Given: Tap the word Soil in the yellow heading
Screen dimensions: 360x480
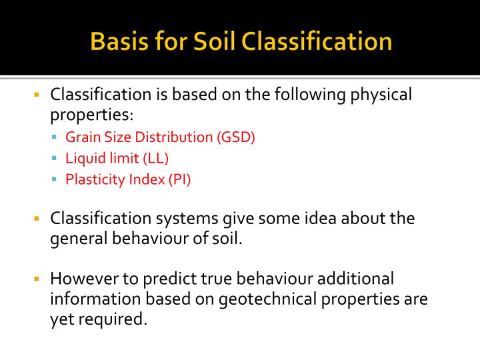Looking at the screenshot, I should [213, 41].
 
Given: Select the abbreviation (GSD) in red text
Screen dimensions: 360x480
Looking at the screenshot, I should [235, 137].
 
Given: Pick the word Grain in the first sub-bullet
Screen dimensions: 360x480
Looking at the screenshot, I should [81, 137].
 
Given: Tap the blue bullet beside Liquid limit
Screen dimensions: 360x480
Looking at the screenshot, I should [55, 159].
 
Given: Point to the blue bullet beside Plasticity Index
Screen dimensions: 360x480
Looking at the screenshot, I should [55, 179].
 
